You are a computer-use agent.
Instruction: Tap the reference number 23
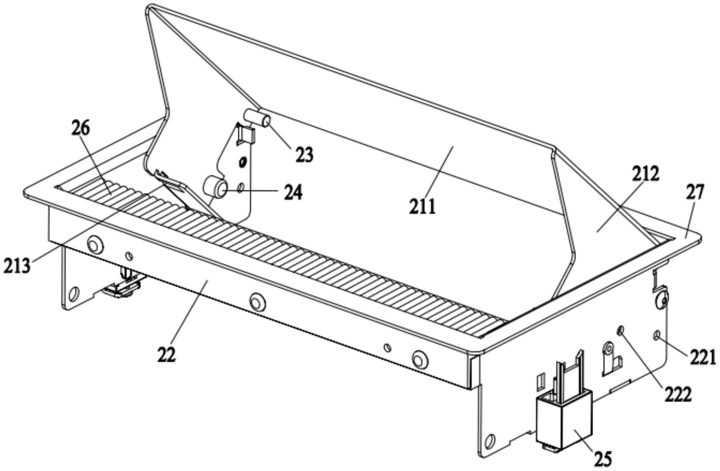click(x=304, y=155)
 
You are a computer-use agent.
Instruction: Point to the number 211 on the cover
click(x=422, y=206)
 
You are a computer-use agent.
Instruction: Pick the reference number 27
click(x=695, y=193)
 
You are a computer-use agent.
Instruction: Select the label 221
click(x=702, y=358)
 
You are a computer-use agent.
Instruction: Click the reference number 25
click(x=603, y=458)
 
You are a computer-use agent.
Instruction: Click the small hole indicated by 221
click(x=657, y=336)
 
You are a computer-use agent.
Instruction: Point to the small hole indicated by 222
click(x=621, y=330)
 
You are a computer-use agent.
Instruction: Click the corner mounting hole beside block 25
click(x=489, y=441)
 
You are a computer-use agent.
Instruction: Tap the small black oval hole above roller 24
click(x=242, y=162)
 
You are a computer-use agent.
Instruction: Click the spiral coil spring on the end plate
click(x=607, y=348)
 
